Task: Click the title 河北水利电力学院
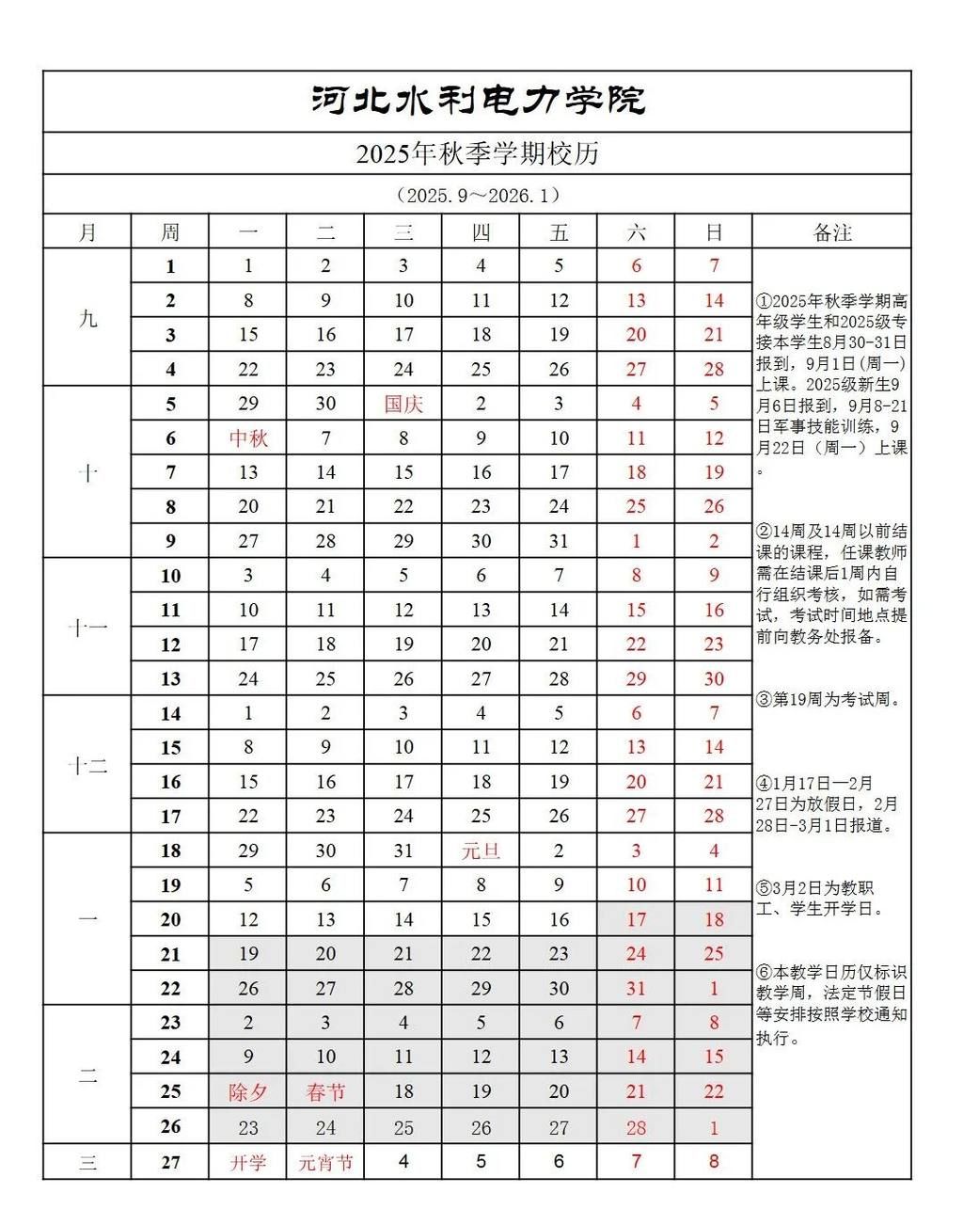[x=478, y=100]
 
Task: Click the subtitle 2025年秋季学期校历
[x=478, y=153]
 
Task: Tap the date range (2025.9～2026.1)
[x=478, y=195]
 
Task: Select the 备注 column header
[x=831, y=232]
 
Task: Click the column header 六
[x=636, y=232]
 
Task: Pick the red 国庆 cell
[x=403, y=405]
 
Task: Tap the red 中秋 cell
[x=248, y=438]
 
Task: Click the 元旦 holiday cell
[x=481, y=851]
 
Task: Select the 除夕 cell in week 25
[x=248, y=1092]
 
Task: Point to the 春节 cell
[x=325, y=1092]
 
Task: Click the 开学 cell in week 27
[x=248, y=1163]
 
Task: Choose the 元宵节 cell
[x=325, y=1163]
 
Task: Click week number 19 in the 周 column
[x=170, y=885]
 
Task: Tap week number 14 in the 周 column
[x=170, y=714]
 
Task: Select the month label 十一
[x=87, y=628]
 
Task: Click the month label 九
[x=87, y=318]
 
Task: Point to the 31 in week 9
[x=559, y=541]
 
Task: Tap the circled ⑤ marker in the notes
[x=764, y=888]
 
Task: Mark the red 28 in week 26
[x=636, y=1127]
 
